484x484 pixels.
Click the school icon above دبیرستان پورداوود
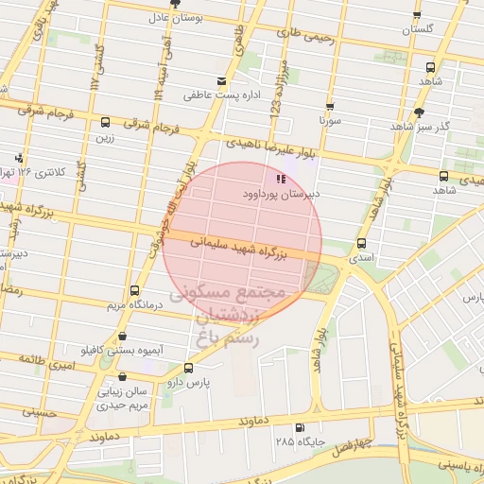click(x=280, y=178)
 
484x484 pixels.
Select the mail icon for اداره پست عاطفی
click(x=221, y=81)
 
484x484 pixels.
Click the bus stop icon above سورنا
click(x=330, y=107)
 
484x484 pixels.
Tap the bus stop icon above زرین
click(x=104, y=122)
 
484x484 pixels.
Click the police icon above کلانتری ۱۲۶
click(x=19, y=158)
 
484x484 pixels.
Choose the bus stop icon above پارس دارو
click(x=188, y=368)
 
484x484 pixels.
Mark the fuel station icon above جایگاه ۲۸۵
click(x=300, y=427)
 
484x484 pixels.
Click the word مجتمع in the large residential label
click(x=254, y=293)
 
